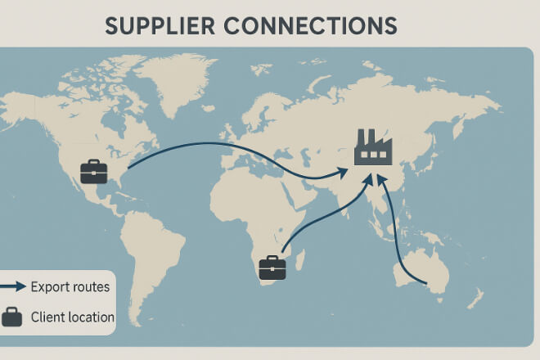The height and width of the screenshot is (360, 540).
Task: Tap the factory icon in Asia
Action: point(373,148)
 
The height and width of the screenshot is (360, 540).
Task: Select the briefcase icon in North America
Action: point(93,173)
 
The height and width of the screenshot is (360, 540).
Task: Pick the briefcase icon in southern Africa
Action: point(272,268)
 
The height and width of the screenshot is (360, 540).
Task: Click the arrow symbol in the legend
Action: point(11,286)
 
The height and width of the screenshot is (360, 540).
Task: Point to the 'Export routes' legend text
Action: point(70,287)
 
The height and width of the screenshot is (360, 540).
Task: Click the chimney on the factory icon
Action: point(361,137)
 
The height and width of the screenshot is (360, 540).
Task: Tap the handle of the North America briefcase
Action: point(93,164)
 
